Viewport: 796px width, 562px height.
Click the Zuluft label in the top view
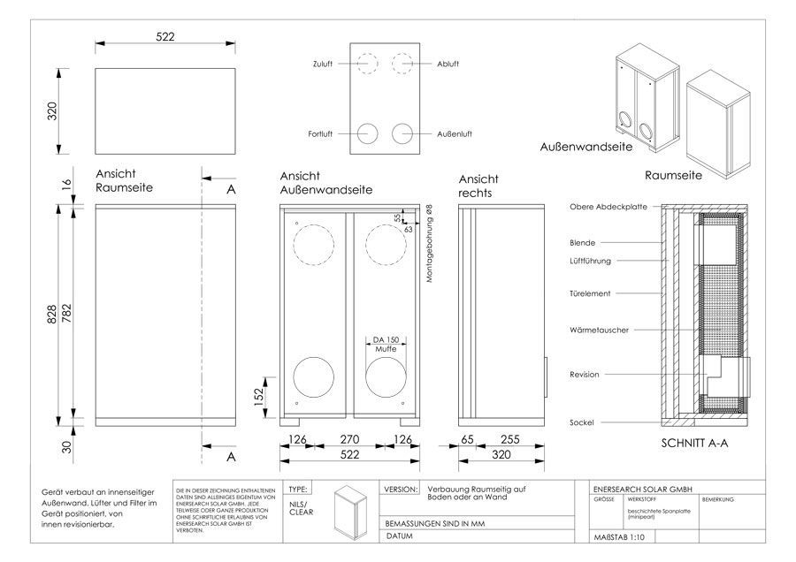(321, 65)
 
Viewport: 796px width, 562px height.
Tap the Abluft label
(448, 65)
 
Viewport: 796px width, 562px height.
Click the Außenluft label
(454, 133)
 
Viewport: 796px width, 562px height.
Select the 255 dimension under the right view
(509, 438)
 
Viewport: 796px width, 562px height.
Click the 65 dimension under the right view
(468, 438)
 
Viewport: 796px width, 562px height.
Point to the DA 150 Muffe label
(386, 344)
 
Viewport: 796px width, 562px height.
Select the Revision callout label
(585, 375)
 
